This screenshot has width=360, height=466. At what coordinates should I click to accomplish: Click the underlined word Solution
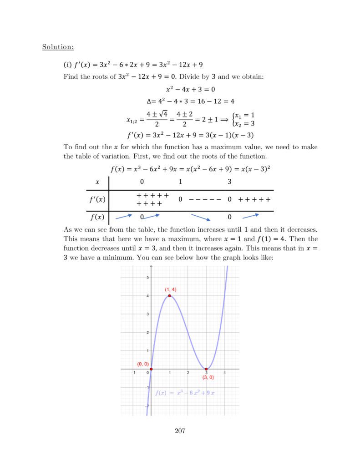[58, 46]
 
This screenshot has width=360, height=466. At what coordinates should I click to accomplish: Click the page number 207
[180, 431]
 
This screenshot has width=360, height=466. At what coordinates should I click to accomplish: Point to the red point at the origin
[151, 369]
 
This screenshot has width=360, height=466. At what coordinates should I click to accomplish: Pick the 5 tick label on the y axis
[147, 277]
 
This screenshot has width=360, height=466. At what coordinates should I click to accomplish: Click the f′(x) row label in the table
[96, 199]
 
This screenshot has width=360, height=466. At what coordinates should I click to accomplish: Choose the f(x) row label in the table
[96, 217]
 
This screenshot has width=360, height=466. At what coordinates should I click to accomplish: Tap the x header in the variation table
[97, 182]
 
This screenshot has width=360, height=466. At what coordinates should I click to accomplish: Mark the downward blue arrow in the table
[201, 217]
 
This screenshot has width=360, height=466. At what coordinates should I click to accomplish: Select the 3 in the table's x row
[229, 182]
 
